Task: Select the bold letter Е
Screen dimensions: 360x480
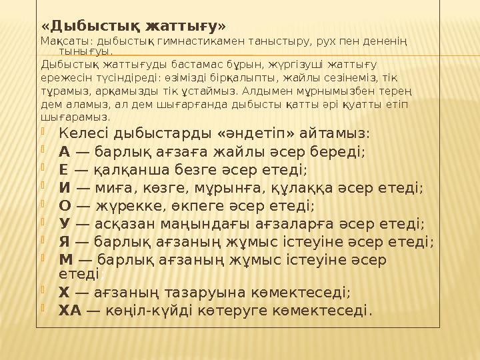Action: [x=64, y=169]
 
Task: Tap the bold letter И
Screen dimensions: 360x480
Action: [x=65, y=187]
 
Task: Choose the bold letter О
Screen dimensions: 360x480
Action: [x=65, y=205]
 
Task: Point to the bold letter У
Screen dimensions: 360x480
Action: [x=64, y=223]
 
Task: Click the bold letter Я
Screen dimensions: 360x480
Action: [x=65, y=241]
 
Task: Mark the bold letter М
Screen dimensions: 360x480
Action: [x=66, y=259]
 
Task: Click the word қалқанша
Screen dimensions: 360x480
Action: [x=127, y=169]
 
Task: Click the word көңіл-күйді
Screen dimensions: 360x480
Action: [x=144, y=310]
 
